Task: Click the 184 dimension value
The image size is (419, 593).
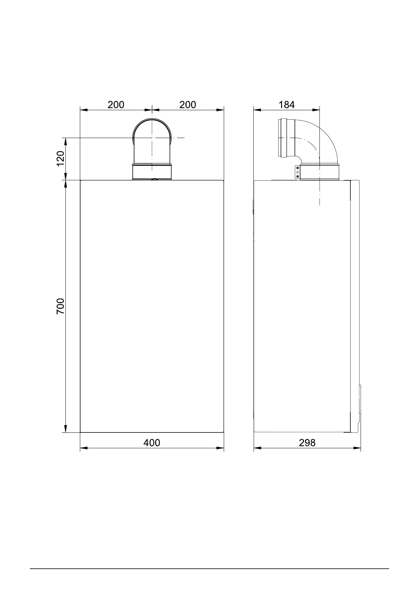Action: click(x=286, y=105)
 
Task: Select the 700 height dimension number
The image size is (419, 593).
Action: click(x=61, y=306)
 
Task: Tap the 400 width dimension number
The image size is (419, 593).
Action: click(x=152, y=443)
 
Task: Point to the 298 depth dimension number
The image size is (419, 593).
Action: click(x=307, y=443)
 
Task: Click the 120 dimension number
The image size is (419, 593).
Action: click(x=61, y=158)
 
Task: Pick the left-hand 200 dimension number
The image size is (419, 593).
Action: click(x=116, y=105)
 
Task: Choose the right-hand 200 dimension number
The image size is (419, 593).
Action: click(x=188, y=105)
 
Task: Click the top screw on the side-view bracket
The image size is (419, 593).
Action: click(x=298, y=168)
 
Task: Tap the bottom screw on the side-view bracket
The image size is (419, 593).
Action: click(x=298, y=176)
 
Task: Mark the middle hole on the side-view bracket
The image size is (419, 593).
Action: click(x=298, y=172)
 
